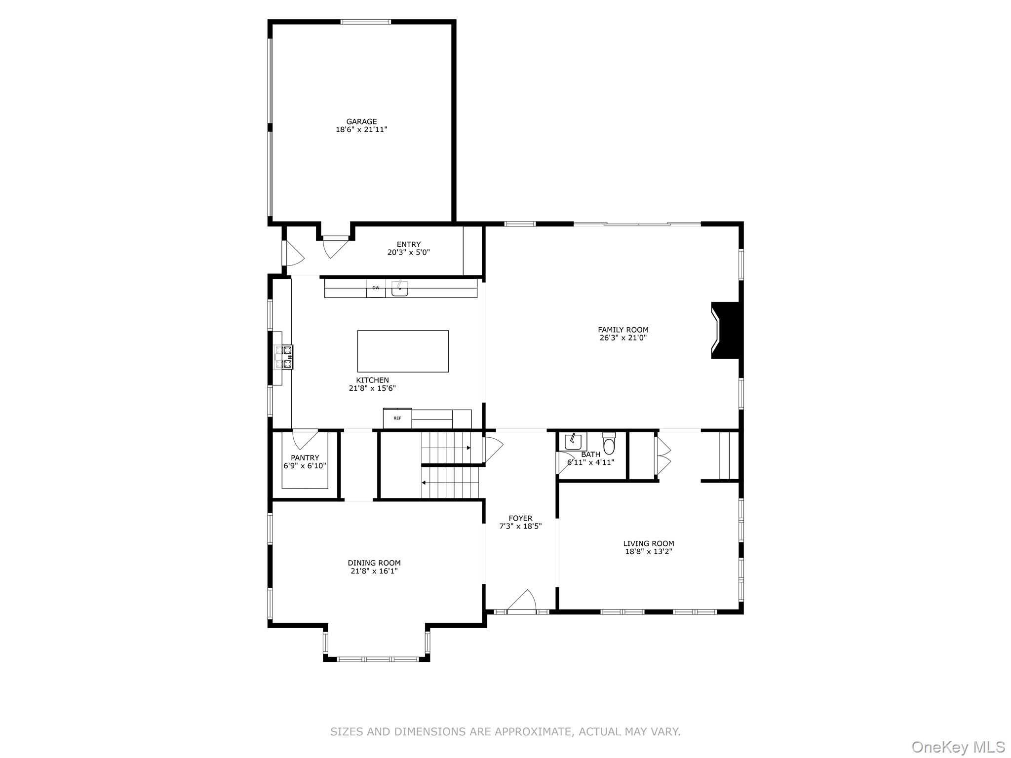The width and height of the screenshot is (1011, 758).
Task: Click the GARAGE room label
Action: point(361,121)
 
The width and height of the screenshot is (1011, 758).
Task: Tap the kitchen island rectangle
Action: point(403,351)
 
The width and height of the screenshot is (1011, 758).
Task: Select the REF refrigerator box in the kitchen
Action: point(397,418)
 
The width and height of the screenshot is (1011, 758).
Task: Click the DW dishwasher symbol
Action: point(376,288)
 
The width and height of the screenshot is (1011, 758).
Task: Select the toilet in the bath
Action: point(609,444)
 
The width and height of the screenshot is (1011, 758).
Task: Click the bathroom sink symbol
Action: point(573,441)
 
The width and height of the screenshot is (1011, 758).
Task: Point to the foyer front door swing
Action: point(523,600)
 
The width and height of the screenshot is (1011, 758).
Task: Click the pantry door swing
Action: point(304,438)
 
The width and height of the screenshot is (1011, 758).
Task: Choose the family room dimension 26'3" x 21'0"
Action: point(622,338)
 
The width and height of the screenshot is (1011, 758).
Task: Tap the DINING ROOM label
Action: point(374,563)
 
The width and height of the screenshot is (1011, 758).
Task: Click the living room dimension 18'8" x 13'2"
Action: point(649,552)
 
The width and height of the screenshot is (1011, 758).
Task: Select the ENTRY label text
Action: point(408,244)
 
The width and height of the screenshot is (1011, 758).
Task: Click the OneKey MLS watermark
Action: point(958,747)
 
